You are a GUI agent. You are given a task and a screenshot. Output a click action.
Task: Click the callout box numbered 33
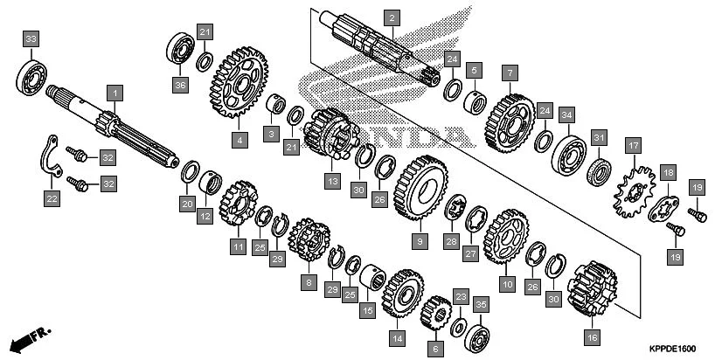point(31,40)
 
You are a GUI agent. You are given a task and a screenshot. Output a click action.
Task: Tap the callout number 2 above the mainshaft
point(392,17)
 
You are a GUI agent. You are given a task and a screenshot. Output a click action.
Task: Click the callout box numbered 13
point(332,181)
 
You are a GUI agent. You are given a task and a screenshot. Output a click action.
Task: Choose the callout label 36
point(180,84)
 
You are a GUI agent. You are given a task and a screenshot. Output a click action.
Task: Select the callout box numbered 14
point(397,337)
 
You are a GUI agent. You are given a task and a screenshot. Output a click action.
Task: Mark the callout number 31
point(599,137)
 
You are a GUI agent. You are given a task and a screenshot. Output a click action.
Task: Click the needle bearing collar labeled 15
point(371,281)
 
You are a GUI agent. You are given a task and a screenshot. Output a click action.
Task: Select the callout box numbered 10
point(507,283)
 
